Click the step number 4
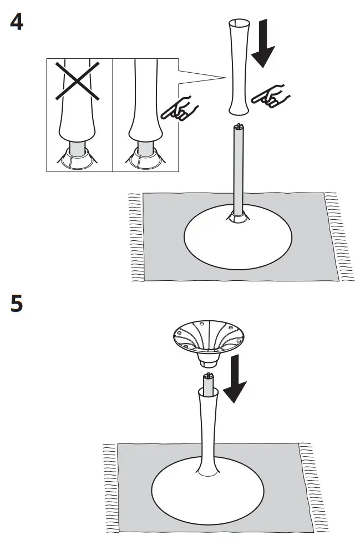tap(17, 23)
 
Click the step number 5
tap(17, 304)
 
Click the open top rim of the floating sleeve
tap(239, 24)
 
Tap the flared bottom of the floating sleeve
tap(239, 108)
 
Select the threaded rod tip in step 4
tap(239, 128)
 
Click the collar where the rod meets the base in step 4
tap(239, 216)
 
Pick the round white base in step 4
tap(239, 239)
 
